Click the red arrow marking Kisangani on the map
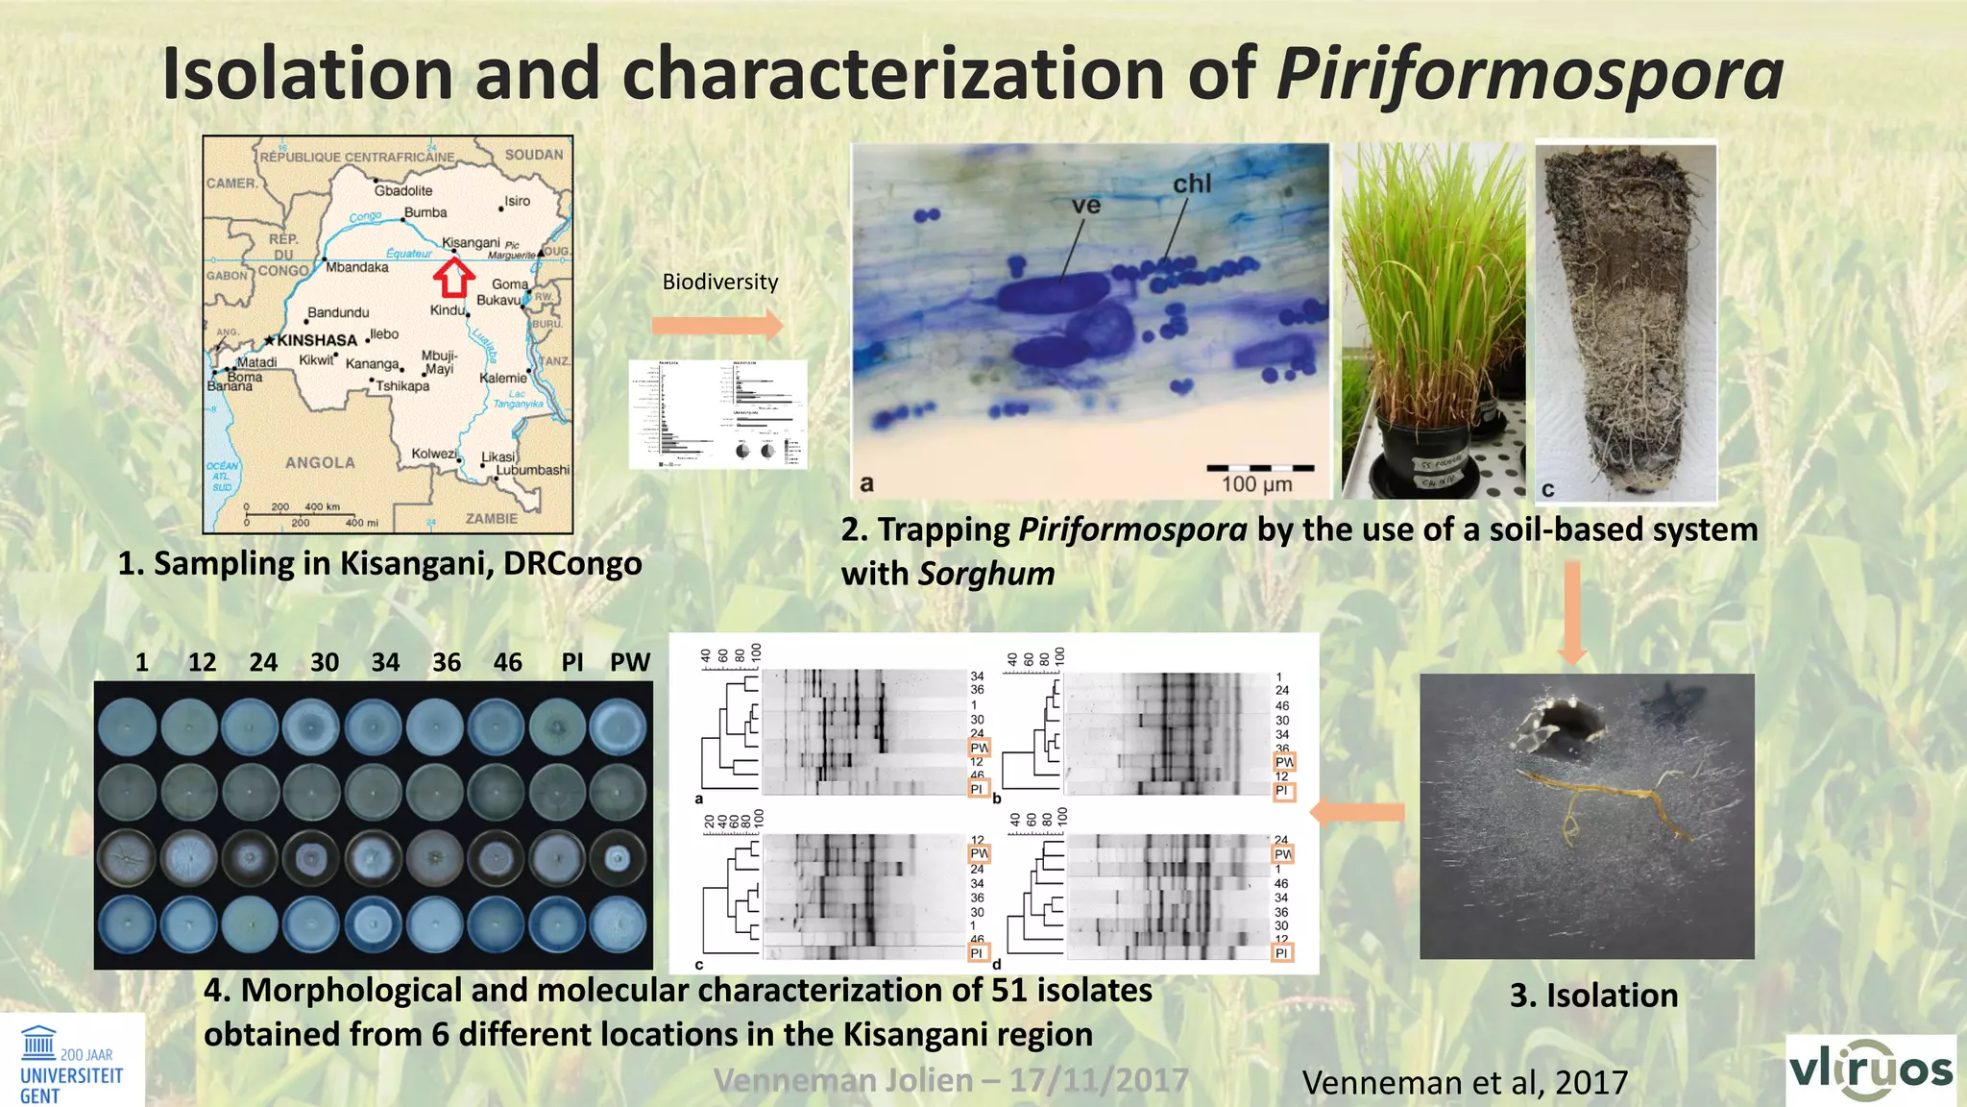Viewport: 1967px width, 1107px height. click(453, 279)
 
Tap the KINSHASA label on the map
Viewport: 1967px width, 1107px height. click(316, 340)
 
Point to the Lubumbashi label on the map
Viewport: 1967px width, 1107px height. click(532, 470)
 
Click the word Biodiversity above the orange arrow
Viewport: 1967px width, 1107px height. click(719, 282)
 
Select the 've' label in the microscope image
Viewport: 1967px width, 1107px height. click(1086, 206)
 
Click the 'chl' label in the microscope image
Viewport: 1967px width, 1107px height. click(1192, 184)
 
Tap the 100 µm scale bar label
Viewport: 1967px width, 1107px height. click(1256, 484)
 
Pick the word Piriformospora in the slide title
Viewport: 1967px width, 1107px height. click(1529, 75)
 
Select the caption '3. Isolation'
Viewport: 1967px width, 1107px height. click(1593, 996)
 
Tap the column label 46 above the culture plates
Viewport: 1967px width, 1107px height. click(507, 662)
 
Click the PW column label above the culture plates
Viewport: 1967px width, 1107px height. click(630, 662)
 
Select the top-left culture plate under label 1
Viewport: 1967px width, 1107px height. click(127, 726)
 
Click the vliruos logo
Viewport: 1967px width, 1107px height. click(1870, 1070)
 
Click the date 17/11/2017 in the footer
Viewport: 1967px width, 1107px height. click(1098, 1080)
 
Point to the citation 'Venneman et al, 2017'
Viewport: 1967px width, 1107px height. click(1465, 1083)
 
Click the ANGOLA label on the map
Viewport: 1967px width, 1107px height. click(320, 463)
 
